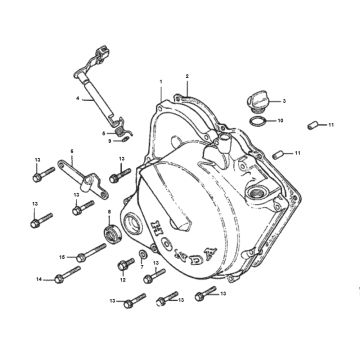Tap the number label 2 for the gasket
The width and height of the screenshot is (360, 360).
[x=187, y=77]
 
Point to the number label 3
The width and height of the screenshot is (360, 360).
[x=283, y=101]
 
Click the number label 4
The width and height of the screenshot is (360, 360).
[x=76, y=98]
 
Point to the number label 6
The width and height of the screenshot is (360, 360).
[x=72, y=151]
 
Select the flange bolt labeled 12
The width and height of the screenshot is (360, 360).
[x=126, y=267]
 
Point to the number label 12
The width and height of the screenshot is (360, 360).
[x=122, y=282]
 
